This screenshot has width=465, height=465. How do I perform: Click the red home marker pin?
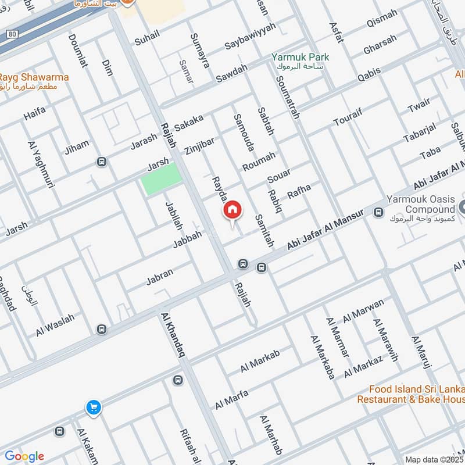[x=233, y=211]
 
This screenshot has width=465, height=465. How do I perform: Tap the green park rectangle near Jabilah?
[x=161, y=180]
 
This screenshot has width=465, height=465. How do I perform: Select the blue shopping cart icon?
[x=93, y=408]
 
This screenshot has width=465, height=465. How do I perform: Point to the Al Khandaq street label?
[x=174, y=336]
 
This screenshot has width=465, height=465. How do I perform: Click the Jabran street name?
[x=160, y=278]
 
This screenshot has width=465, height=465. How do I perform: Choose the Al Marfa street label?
[x=231, y=399]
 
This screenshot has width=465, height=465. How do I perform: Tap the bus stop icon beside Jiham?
[x=102, y=162]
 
